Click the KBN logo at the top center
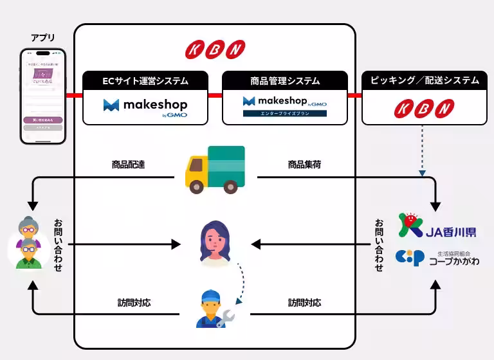coord(215,49)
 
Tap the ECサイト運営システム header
coord(145,81)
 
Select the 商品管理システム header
coord(285,81)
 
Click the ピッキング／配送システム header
coord(425,80)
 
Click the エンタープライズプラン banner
coord(284,113)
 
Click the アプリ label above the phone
coord(42,38)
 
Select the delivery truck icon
coord(215,168)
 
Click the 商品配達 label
coord(128,165)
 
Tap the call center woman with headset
coord(215,244)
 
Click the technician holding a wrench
coord(215,309)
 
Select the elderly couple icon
coord(28,244)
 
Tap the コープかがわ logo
coord(437,257)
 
